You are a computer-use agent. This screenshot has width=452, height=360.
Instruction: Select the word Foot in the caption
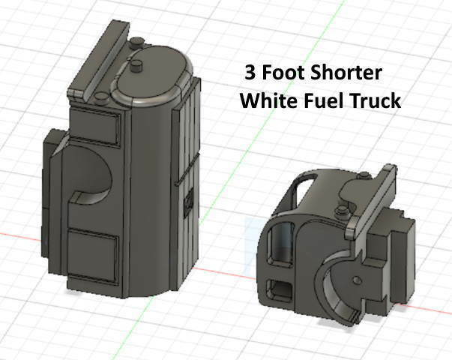click(x=282, y=74)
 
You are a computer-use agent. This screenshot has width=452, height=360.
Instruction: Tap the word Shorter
click(x=345, y=74)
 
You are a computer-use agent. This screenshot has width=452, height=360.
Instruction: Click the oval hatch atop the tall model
click(x=154, y=75)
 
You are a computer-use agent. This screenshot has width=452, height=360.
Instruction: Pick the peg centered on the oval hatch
click(x=137, y=70)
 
